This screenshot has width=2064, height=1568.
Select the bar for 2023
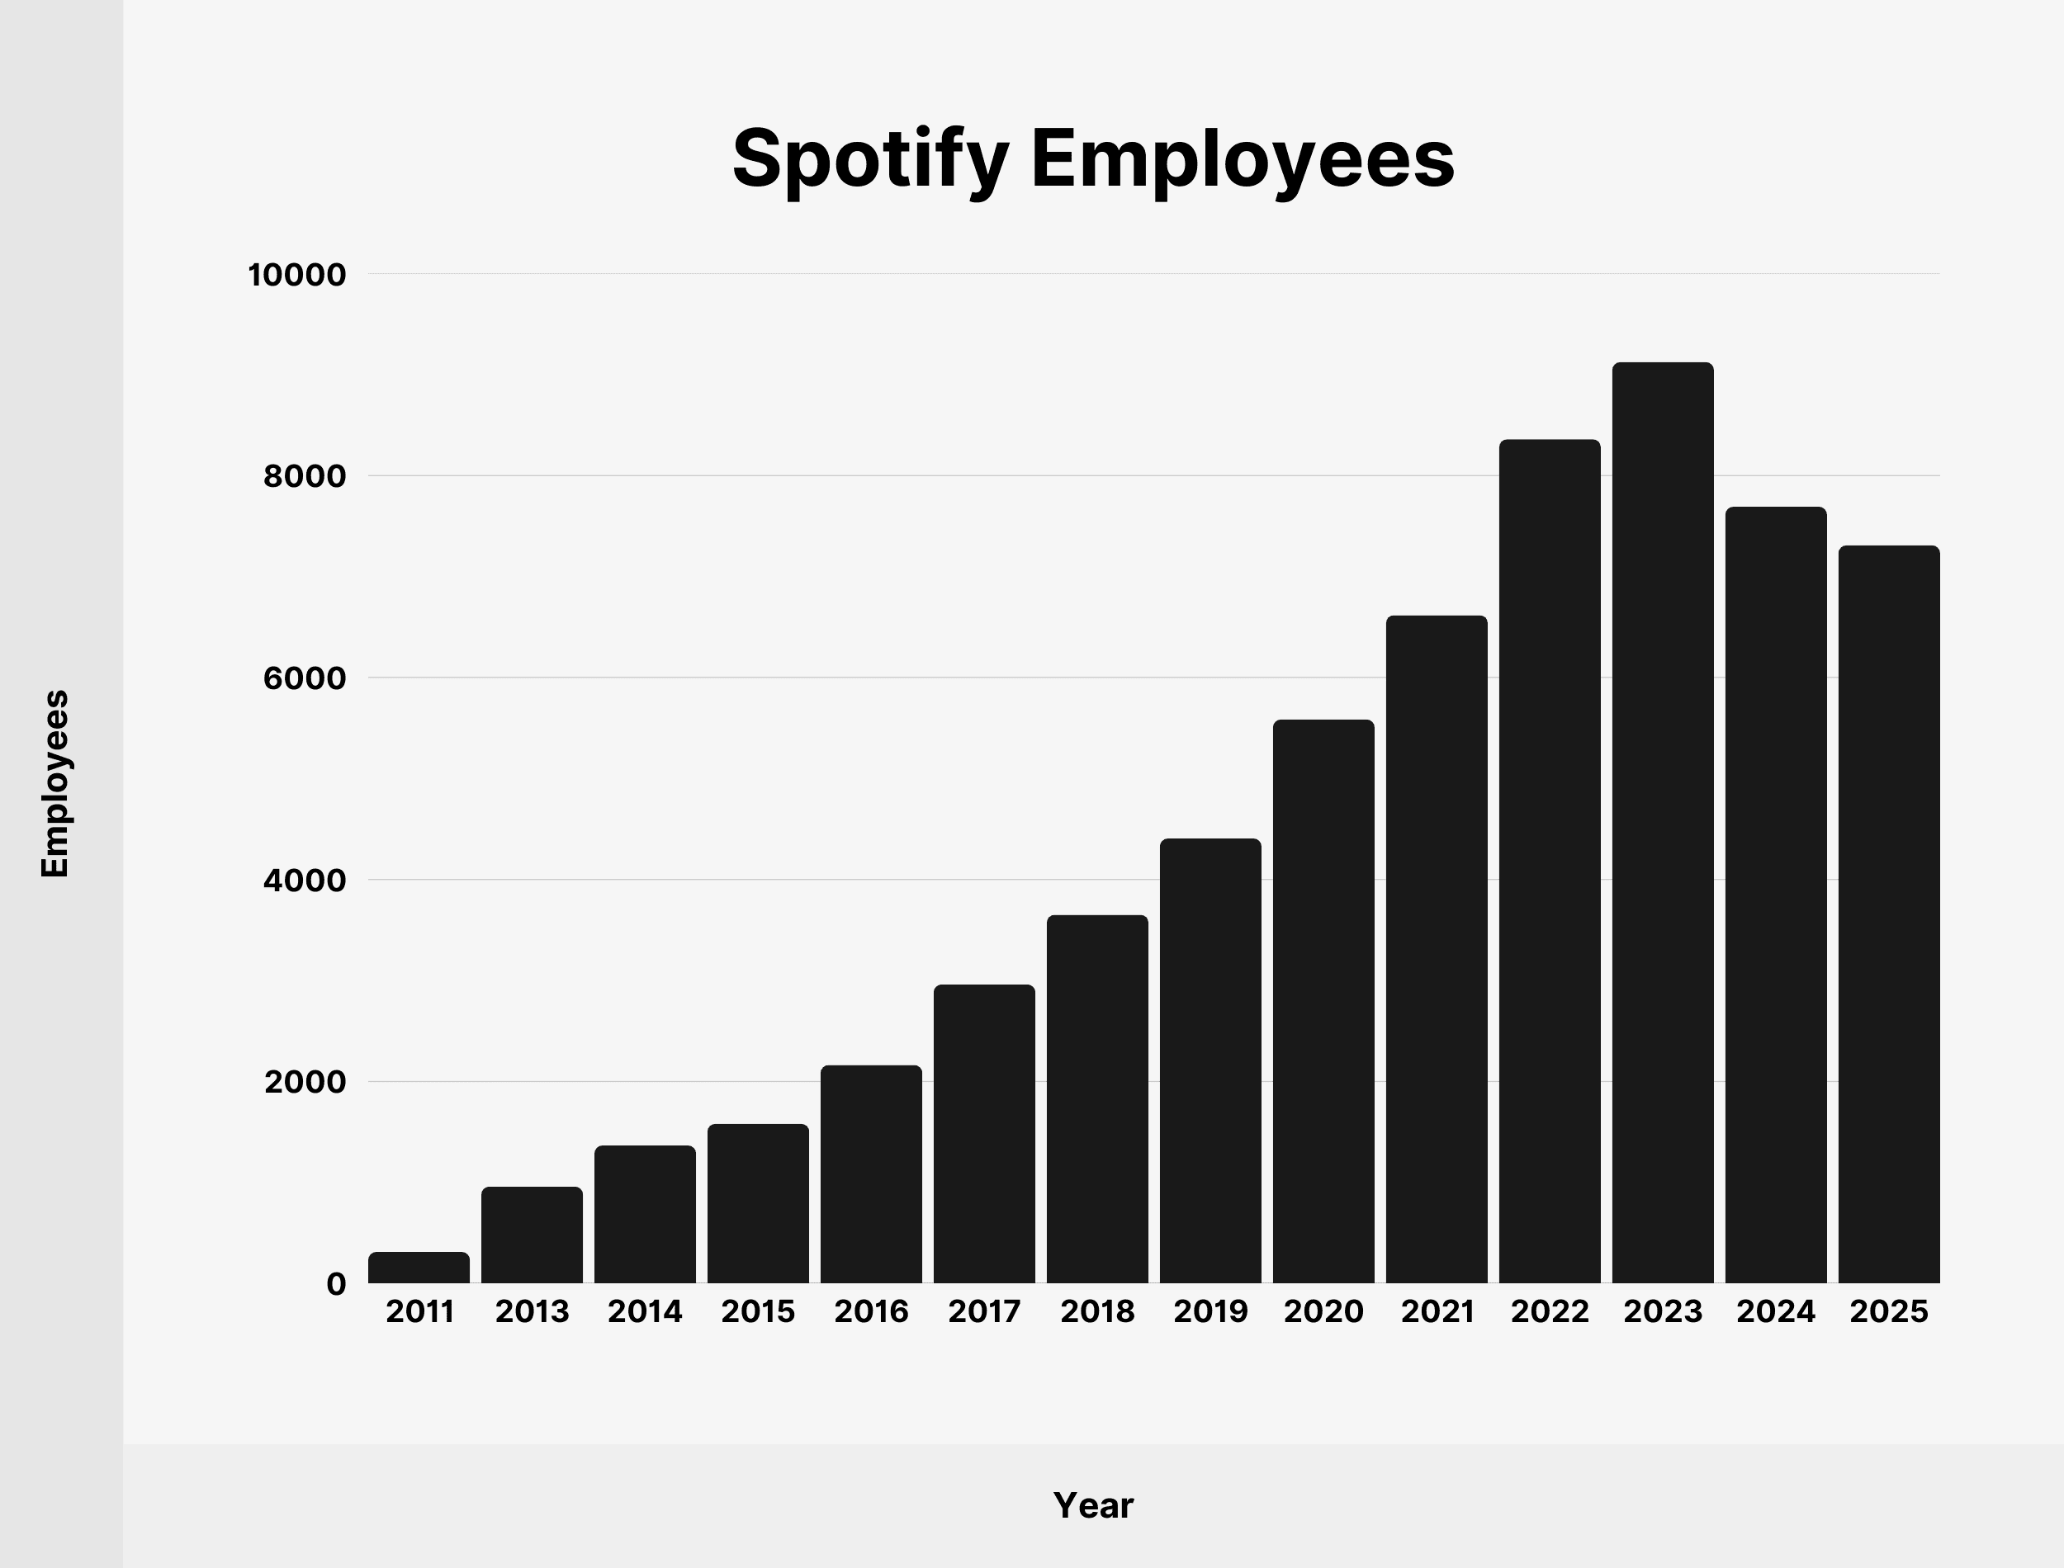tap(1663, 822)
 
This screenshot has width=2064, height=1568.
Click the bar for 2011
tap(419, 1268)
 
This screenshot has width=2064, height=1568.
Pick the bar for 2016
tap(871, 1174)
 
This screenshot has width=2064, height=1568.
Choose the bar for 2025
tap(1888, 914)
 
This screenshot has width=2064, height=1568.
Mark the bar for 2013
tap(533, 1235)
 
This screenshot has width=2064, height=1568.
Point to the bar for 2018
tap(1097, 1099)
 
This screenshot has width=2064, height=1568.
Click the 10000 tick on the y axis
tap(297, 276)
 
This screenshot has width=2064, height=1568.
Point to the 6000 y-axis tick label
tap(305, 678)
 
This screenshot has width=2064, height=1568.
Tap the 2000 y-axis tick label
tap(305, 1083)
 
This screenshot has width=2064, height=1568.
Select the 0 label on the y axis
tap(336, 1284)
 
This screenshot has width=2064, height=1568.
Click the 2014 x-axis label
tap(645, 1312)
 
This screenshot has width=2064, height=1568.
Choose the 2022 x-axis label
tap(1550, 1312)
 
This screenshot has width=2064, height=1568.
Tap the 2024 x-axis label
tap(1776, 1312)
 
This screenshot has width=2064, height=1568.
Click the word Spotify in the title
tap(870, 158)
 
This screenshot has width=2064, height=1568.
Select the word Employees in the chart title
tap(1243, 158)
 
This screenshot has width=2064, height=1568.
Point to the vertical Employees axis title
tap(55, 784)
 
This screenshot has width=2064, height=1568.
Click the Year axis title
tap(1093, 1505)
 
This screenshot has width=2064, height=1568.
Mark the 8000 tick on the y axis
tap(305, 477)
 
